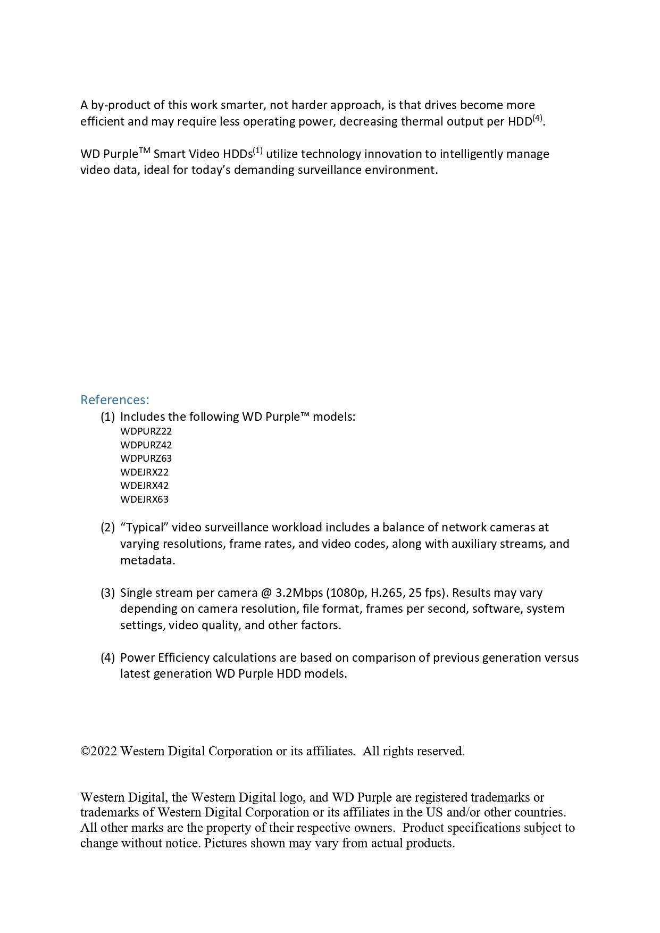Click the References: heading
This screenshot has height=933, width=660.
click(114, 399)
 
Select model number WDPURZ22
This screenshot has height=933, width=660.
click(146, 431)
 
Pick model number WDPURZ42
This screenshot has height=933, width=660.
click(146, 445)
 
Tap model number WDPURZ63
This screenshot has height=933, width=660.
click(146, 458)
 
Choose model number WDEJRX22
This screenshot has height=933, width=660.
click(144, 472)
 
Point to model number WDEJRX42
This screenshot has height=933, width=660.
click(144, 485)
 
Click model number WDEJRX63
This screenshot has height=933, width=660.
click(144, 499)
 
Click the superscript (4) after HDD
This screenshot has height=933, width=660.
click(537, 118)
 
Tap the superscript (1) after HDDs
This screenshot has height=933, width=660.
click(257, 151)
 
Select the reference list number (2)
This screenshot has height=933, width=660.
click(107, 527)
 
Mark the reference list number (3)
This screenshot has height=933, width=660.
click(107, 593)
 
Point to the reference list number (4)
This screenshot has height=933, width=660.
click(107, 657)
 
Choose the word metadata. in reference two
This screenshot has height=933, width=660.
click(147, 560)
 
